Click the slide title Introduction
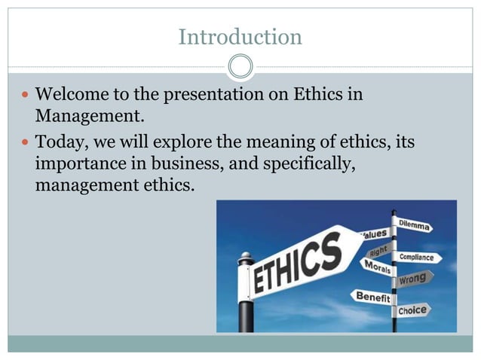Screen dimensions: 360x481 (240, 36)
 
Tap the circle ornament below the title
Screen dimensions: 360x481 (240, 67)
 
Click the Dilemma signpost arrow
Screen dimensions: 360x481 (413, 225)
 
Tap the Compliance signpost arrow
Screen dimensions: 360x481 (419, 258)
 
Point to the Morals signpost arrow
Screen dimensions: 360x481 (377, 267)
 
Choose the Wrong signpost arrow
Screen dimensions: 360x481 (415, 278)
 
